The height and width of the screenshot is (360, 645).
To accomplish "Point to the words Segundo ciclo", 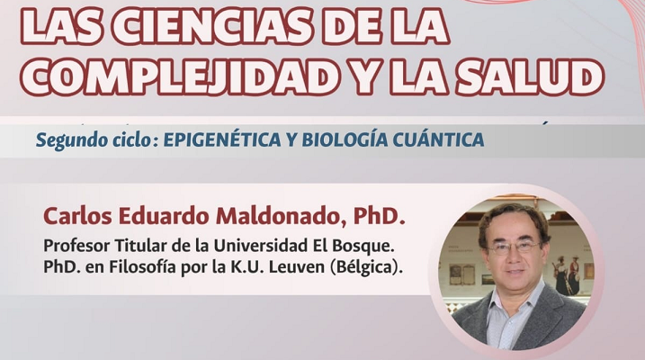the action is [93, 140].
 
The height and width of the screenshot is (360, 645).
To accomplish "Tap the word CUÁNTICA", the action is [438, 140].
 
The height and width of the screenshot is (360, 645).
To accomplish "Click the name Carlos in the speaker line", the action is [77, 216].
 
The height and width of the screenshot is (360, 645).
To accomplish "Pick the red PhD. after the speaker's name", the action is [380, 216].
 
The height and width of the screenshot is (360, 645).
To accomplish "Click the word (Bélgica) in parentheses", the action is [365, 268].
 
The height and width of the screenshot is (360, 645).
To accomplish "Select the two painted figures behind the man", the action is [567, 274].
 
